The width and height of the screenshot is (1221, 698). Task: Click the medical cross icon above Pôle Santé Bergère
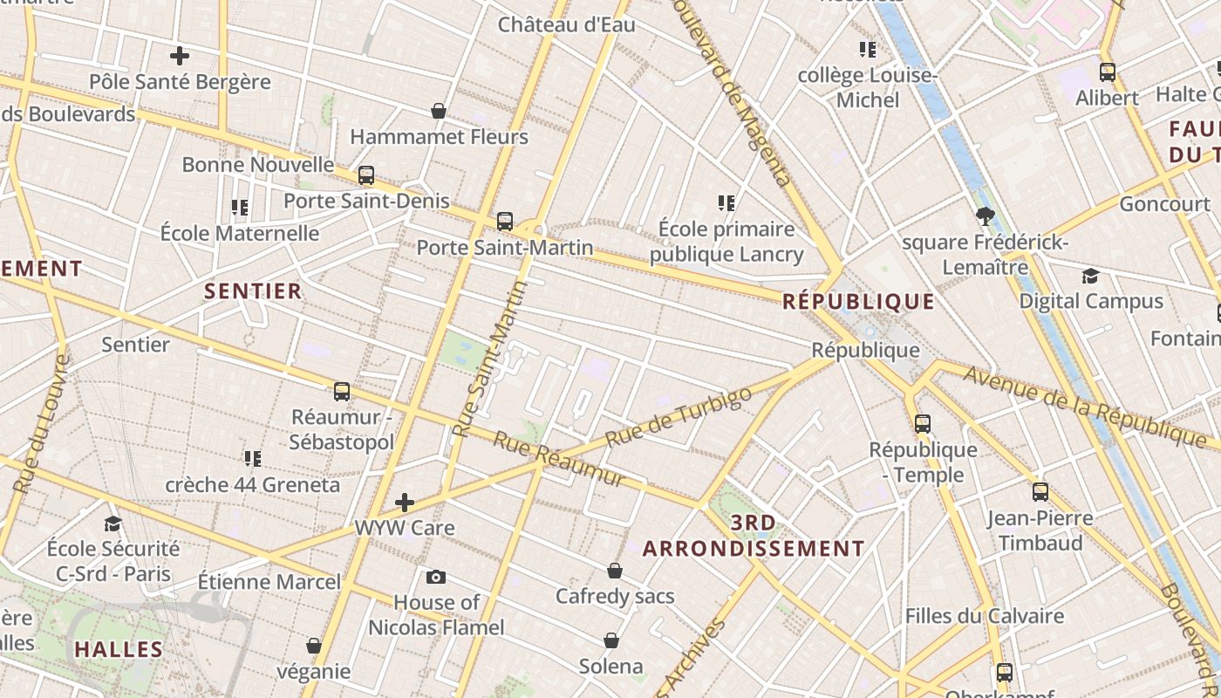pyautogui.click(x=180, y=57)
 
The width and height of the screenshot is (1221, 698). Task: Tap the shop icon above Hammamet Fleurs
pyautogui.click(x=439, y=112)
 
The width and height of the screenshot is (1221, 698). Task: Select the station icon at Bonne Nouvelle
pyautogui.click(x=366, y=175)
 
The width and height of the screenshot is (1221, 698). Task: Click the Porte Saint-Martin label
pyautogui.click(x=505, y=247)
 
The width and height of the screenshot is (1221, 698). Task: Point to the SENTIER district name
pyautogui.click(x=253, y=291)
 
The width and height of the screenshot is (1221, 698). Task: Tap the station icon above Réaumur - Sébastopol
pyautogui.click(x=342, y=392)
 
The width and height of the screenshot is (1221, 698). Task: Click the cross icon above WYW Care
pyautogui.click(x=405, y=503)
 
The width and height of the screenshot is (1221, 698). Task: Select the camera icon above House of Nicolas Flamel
pyautogui.click(x=436, y=577)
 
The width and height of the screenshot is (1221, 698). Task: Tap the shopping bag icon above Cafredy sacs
pyautogui.click(x=615, y=571)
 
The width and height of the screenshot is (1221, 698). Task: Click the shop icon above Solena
pyautogui.click(x=611, y=641)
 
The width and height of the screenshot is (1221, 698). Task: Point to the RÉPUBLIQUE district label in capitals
pyautogui.click(x=858, y=302)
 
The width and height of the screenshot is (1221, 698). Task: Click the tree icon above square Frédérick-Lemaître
pyautogui.click(x=986, y=216)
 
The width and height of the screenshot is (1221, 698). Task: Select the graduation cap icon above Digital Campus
pyautogui.click(x=1090, y=277)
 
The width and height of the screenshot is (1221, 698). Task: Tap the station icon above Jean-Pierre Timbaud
pyautogui.click(x=1040, y=492)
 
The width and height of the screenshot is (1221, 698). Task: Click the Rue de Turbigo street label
pyautogui.click(x=678, y=417)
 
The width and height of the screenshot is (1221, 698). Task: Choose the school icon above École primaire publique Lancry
pyautogui.click(x=726, y=203)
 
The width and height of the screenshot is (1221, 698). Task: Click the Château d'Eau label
pyautogui.click(x=567, y=24)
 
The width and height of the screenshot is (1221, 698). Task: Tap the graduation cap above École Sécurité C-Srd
pyautogui.click(x=113, y=523)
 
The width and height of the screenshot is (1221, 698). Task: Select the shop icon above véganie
pyautogui.click(x=314, y=647)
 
